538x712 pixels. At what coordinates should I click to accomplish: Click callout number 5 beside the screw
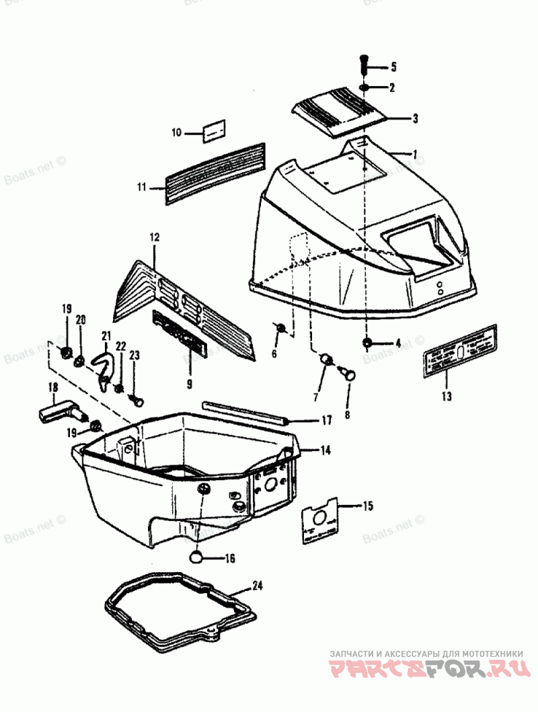(393, 67)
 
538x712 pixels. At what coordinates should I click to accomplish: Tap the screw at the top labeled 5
(363, 64)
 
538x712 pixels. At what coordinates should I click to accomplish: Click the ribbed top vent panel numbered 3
(340, 110)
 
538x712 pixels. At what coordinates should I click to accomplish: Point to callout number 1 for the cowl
(415, 154)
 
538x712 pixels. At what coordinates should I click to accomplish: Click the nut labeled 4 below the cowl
(367, 344)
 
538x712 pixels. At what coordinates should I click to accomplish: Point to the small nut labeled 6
(282, 327)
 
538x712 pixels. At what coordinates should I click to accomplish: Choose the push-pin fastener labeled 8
(348, 372)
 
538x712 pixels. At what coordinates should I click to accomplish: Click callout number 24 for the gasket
(256, 585)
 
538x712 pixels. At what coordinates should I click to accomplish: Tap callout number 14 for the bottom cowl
(325, 450)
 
